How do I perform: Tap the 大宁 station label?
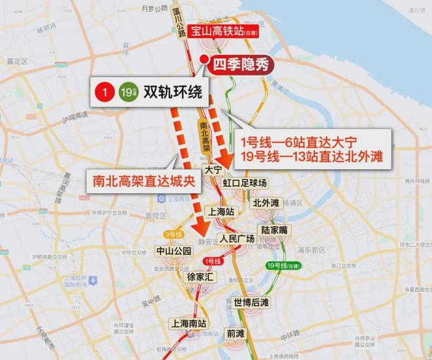(x=213, y=169)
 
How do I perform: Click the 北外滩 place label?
(x=266, y=202)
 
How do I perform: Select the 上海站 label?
(x=220, y=211)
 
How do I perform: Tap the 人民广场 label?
(x=237, y=238)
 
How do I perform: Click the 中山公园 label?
(x=173, y=251)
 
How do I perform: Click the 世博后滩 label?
(x=251, y=302)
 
